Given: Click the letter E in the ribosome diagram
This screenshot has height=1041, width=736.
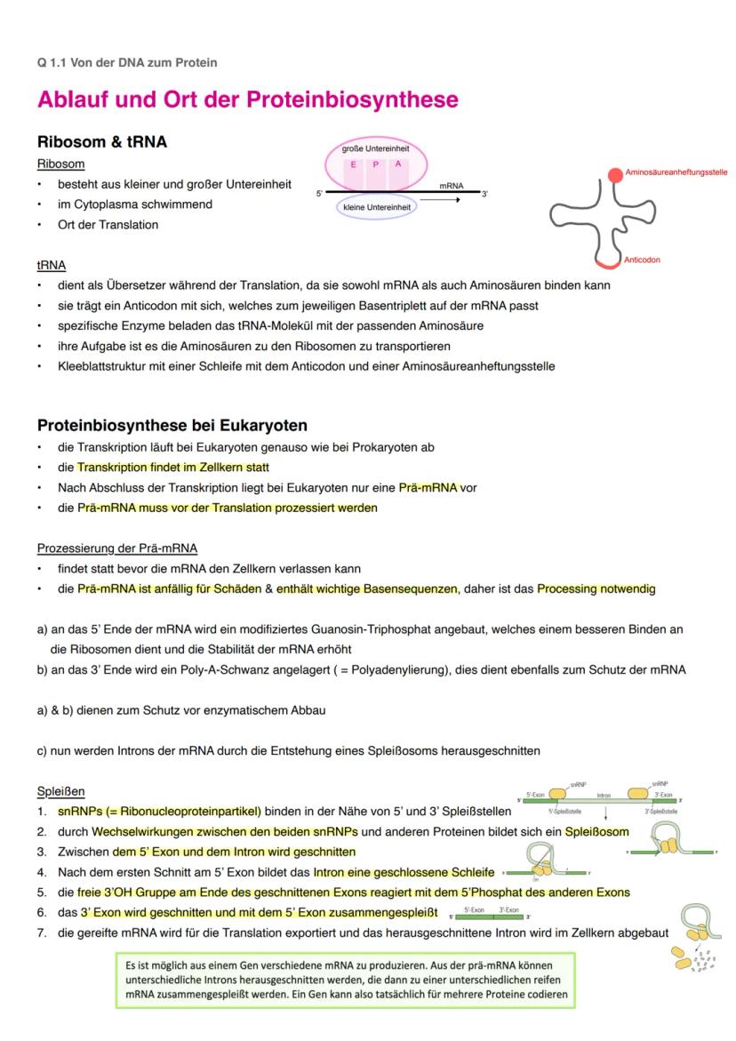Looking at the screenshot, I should [353, 164].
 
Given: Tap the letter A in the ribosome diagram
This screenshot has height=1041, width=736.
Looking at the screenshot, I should [398, 164].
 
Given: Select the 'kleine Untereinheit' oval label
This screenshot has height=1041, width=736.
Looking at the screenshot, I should [377, 207].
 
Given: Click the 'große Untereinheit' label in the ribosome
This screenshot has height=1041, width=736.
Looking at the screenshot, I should [375, 148].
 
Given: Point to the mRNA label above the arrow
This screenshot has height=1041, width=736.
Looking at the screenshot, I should [452, 186].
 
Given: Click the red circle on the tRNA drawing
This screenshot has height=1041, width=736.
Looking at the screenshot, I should [615, 175].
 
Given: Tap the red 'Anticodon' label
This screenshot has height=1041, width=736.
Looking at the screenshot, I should [642, 260].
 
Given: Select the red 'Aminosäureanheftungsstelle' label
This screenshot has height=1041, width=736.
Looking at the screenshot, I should [676, 172].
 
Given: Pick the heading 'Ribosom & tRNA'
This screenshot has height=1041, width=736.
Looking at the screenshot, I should [102, 142].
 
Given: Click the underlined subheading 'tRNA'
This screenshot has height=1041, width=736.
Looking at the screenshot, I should [51, 265].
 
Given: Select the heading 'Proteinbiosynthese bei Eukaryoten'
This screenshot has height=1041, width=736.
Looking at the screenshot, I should [172, 425].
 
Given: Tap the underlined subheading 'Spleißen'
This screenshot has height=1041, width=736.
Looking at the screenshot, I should [61, 791].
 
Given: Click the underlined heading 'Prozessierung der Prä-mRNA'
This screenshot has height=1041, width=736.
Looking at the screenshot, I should [117, 548].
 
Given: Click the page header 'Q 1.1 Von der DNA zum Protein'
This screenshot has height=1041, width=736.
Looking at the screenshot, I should [127, 62].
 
